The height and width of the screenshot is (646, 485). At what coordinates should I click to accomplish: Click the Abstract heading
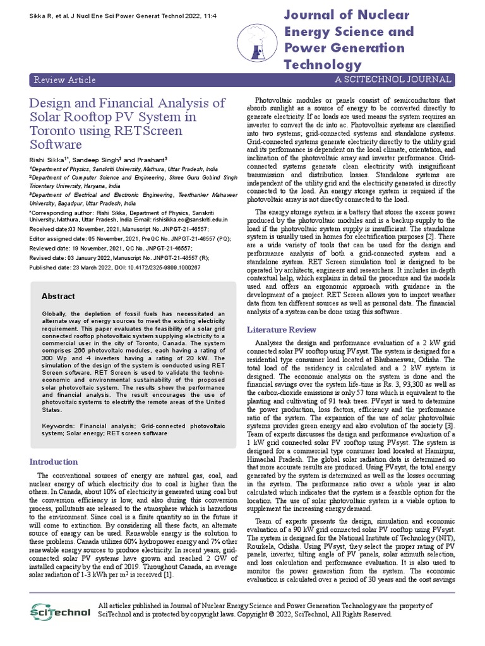58,296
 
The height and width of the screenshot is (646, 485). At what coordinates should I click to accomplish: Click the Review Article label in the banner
64,79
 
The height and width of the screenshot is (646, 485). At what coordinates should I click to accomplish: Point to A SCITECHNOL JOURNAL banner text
393,79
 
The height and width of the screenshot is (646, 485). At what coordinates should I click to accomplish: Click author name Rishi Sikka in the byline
48,160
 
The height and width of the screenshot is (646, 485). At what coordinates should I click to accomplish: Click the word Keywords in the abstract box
59,426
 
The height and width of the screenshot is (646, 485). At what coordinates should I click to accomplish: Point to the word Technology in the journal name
323,64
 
